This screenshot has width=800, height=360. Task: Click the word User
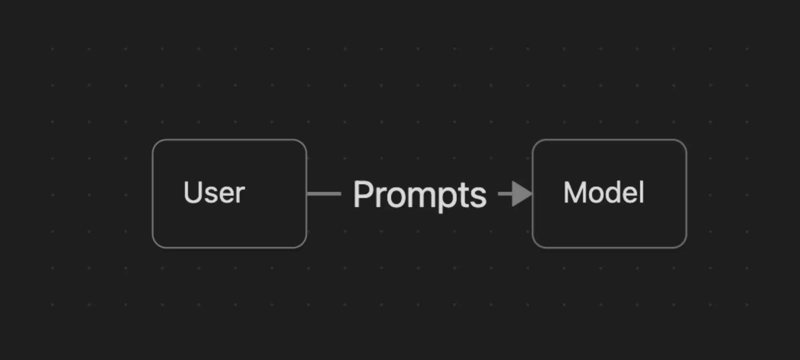(214, 192)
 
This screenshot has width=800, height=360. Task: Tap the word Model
(604, 192)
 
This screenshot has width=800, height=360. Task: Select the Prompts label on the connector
(420, 195)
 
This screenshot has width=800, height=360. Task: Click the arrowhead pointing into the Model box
(522, 194)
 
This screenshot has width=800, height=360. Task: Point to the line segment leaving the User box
(324, 194)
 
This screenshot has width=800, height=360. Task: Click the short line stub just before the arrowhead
(505, 194)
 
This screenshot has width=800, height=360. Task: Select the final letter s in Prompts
(479, 198)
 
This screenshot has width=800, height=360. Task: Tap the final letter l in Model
(641, 192)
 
